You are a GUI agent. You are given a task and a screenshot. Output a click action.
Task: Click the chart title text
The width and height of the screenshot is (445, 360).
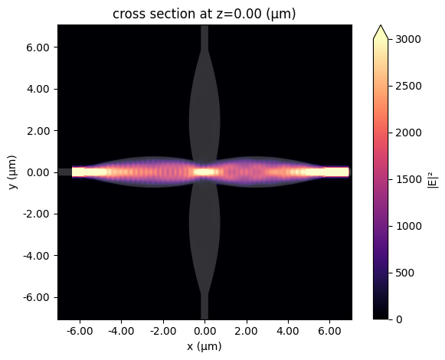click(x=205, y=13)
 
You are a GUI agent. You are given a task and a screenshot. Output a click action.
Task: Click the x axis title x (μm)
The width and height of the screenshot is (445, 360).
click(x=205, y=347)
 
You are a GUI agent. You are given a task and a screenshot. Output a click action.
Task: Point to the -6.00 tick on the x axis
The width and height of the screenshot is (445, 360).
click(x=80, y=331)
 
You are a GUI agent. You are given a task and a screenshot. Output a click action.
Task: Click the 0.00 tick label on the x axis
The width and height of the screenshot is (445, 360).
click(x=205, y=331)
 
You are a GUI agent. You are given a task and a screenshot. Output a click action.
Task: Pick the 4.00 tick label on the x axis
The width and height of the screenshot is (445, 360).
click(x=288, y=331)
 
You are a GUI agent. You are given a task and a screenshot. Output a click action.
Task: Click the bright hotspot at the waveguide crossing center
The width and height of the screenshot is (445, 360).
click(x=205, y=172)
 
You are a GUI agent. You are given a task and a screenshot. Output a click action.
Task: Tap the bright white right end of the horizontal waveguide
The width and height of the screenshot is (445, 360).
click(x=337, y=172)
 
